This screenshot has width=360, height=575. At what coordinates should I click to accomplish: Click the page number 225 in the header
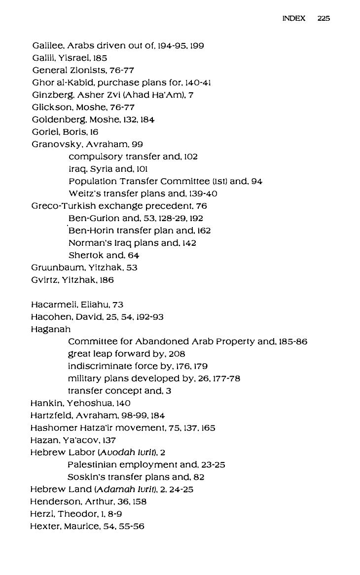pyautogui.click(x=324, y=18)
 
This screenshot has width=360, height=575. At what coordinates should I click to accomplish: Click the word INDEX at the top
pyautogui.click(x=293, y=18)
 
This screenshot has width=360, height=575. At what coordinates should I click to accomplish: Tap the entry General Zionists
pyautogui.click(x=83, y=70)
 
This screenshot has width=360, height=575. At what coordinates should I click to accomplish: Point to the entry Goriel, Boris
pyautogui.click(x=65, y=132)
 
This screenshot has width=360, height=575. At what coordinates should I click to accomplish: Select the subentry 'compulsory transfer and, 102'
pyautogui.click(x=133, y=156)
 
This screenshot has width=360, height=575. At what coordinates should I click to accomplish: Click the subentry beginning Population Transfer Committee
pyautogui.click(x=165, y=181)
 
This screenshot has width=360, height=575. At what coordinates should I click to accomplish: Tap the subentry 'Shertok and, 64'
pyautogui.click(x=104, y=255)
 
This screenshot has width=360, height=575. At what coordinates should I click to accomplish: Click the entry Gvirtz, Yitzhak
pyautogui.click(x=72, y=280)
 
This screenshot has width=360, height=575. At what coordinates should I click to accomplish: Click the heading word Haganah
pyautogui.click(x=50, y=329)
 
